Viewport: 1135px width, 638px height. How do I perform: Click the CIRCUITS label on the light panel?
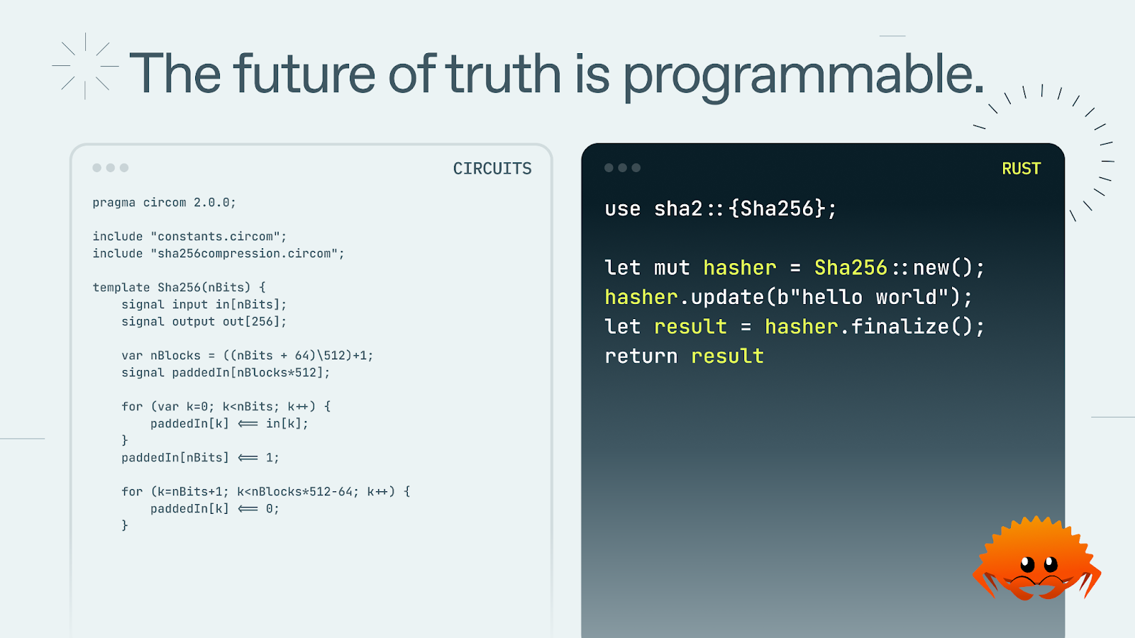[x=492, y=169]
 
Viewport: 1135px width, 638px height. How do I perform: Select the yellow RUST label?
[x=1021, y=169]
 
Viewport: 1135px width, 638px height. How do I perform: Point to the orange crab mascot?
[x=1036, y=559]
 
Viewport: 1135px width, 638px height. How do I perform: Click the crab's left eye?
[x=1027, y=564]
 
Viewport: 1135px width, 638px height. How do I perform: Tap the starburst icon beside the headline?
[x=85, y=66]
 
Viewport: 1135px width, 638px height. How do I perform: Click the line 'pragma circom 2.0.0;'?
[x=164, y=203]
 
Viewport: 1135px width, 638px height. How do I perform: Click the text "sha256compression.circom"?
[x=248, y=253]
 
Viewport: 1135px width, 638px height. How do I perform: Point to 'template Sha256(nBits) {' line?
[x=179, y=288]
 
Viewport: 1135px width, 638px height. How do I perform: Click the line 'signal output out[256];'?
[x=204, y=322]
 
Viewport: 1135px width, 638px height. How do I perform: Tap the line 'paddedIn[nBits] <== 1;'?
[x=200, y=458]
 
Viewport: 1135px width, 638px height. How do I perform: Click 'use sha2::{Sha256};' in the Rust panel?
[x=720, y=208]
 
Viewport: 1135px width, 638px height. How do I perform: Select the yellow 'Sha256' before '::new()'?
[x=851, y=268]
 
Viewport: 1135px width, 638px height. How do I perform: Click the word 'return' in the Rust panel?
[x=641, y=357]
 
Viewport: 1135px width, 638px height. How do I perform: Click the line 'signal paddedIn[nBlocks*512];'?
[x=226, y=373]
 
